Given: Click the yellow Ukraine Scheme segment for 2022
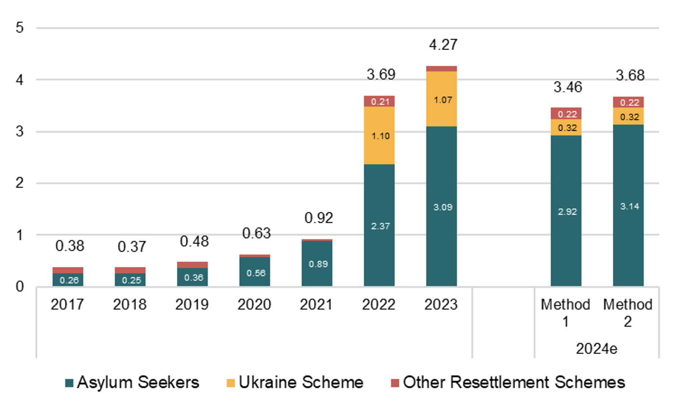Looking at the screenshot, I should pos(379,135).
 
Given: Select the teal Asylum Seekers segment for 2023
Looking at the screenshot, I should pos(441,206).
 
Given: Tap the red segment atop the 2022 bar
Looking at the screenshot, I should pos(379,101).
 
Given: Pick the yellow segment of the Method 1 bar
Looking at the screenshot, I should pos(566,127).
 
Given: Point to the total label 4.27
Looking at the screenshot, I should pos(443,44).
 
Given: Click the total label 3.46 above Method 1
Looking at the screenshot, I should pos(568,87).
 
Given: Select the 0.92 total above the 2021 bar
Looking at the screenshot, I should pos(319,218).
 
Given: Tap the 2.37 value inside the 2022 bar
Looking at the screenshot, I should pos(380,226).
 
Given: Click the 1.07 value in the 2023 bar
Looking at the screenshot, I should pos(443,100).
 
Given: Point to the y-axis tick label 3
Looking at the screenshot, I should pos(19,131).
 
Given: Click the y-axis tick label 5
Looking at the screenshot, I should pos(19,28).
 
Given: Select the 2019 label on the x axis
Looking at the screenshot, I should pos(192,304).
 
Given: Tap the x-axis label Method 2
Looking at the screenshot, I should pos(628,312).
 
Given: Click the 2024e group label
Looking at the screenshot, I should pos(596,349).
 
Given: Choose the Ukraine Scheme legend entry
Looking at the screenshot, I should pos(295,382).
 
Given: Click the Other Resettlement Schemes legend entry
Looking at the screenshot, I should pos(508,382).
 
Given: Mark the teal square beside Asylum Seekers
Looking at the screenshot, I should pos(69,383).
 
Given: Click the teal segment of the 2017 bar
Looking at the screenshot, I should pos(68,280).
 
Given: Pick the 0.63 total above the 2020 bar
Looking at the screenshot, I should pos(256,233).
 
